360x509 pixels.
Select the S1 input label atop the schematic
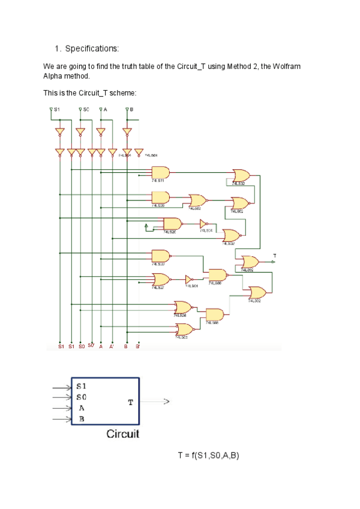coord(56,109)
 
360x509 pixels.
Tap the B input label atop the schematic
coord(131,109)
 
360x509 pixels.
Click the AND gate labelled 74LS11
coord(160,172)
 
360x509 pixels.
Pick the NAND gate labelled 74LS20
coord(172,224)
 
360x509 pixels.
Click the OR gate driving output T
coord(250,262)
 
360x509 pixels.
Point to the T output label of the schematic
coord(275,256)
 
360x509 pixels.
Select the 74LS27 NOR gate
coord(161,279)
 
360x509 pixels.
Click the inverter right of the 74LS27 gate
coord(188,279)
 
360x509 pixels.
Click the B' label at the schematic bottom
coord(137,346)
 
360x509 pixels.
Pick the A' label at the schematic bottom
coord(111,346)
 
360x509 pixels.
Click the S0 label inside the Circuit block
coord(82,397)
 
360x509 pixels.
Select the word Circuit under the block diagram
coord(123,433)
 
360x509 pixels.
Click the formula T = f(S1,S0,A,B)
coord(208,456)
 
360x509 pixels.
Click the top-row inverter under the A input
coord(101,131)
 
